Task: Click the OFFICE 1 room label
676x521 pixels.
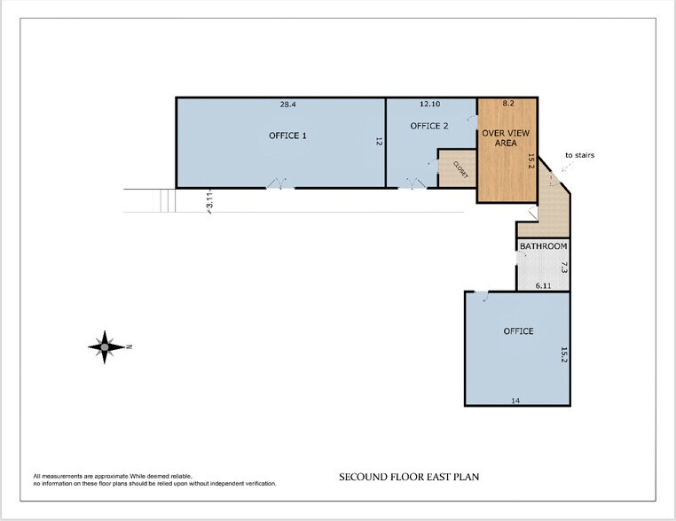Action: (287, 136)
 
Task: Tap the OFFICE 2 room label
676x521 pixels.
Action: (429, 126)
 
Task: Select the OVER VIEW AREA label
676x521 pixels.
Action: (506, 138)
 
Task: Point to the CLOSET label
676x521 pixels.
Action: (460, 169)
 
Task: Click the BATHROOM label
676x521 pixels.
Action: (543, 245)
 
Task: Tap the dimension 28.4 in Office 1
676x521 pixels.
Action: (288, 105)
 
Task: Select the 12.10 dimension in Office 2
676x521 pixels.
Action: (430, 104)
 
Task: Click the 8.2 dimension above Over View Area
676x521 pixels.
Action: (508, 104)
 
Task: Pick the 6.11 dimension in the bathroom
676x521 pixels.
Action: (543, 285)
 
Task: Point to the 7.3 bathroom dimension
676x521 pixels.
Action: (564, 268)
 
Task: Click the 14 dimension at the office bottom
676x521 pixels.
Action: (515, 400)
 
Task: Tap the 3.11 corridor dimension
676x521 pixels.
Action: (210, 200)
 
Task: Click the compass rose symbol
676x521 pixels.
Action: (106, 347)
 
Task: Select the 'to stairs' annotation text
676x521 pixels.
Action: (579, 155)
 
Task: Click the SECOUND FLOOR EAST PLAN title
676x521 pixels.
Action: (409, 477)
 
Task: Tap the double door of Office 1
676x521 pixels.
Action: (279, 184)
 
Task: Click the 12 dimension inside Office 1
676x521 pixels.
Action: (379, 141)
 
